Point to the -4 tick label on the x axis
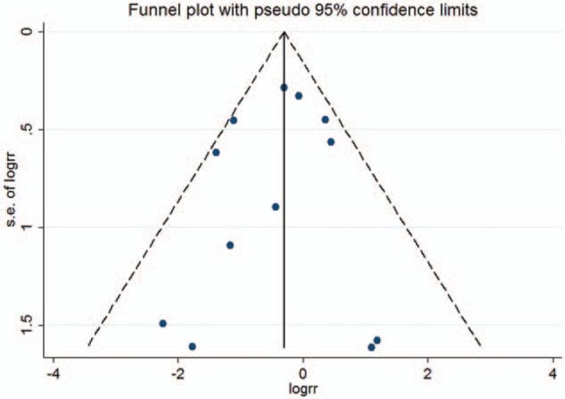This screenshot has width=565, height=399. (x=52, y=373)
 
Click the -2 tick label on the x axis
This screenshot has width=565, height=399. (x=177, y=373)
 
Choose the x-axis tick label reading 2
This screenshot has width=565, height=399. (x=428, y=373)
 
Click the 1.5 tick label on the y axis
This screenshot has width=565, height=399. (x=27, y=326)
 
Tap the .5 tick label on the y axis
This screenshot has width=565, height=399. (x=27, y=129)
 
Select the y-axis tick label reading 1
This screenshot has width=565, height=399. (x=27, y=227)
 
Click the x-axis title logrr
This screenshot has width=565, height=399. (x=303, y=388)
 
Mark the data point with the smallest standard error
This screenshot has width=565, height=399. (x=284, y=88)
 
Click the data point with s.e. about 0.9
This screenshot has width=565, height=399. (x=275, y=207)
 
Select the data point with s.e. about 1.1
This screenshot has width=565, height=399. (x=230, y=245)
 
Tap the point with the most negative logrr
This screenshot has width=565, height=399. (x=163, y=323)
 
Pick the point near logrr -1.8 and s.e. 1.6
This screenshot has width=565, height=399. (x=192, y=346)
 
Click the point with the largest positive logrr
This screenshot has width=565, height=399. (x=377, y=340)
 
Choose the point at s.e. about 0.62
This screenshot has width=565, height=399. (x=216, y=153)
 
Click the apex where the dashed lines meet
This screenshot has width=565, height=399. (x=284, y=32)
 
